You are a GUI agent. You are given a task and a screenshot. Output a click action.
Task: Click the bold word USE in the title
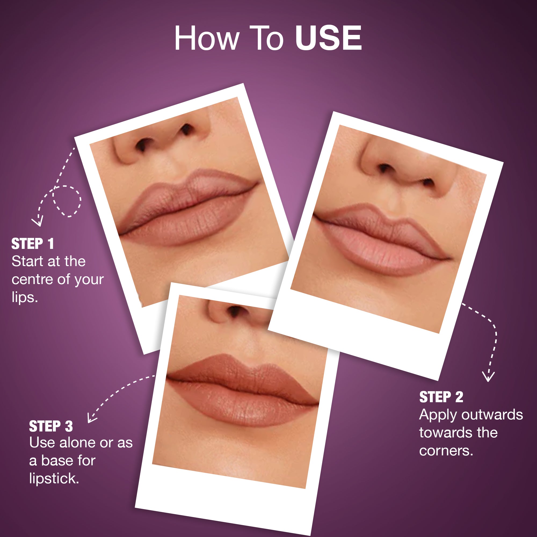click(328, 38)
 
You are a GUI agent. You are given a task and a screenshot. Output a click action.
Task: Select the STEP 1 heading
click(33, 244)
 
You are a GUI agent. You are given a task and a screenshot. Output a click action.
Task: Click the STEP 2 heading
click(441, 397)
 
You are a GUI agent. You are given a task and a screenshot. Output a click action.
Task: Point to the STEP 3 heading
click(51, 426)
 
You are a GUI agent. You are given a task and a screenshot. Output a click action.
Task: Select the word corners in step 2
click(446, 451)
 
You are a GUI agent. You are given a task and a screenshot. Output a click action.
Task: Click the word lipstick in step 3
click(54, 478)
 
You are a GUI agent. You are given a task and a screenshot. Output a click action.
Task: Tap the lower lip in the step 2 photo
click(384, 254)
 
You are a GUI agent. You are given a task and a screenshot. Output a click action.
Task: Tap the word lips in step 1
click(25, 297)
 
